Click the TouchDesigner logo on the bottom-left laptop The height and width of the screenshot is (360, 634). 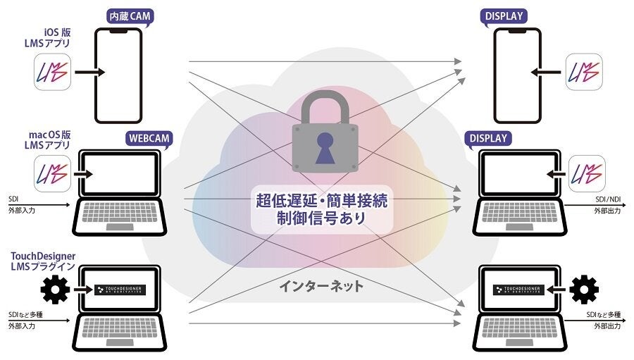point(119,289)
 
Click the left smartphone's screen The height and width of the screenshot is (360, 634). point(118,77)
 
